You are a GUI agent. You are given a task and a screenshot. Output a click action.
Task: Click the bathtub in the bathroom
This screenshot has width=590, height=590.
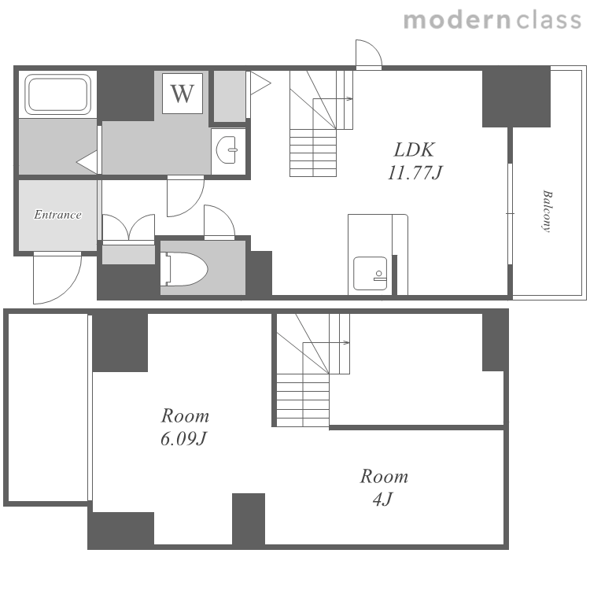tap(58, 94)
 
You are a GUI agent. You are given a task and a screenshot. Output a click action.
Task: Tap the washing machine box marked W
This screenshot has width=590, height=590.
tap(183, 94)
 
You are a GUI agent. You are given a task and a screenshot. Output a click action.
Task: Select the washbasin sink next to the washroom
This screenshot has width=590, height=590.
tap(227, 149)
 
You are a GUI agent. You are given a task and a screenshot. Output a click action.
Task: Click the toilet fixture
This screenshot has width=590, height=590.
tap(184, 269)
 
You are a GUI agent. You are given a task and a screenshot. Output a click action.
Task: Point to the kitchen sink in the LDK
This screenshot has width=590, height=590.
tap(371, 274)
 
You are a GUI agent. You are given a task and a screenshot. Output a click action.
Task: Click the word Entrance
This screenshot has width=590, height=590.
tap(57, 215)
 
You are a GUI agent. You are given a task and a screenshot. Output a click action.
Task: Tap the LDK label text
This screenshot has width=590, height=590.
tap(414, 149)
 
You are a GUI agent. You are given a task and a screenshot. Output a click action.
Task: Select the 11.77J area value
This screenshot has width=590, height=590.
tap(415, 173)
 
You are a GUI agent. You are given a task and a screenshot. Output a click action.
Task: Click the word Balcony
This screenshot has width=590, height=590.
tap(547, 212)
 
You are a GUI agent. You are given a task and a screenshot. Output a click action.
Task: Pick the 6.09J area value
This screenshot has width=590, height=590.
tap(184, 439)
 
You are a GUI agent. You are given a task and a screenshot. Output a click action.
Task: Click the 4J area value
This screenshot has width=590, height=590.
tap(382, 500)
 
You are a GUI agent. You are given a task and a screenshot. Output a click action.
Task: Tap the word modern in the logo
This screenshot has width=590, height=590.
tap(457, 20)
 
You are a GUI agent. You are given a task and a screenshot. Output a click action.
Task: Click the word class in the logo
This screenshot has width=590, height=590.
tap(549, 20)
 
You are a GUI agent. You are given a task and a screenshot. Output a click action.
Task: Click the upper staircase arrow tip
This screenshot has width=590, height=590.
tap(352, 99)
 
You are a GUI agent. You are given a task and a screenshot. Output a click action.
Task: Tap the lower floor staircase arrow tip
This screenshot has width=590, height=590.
tap(348, 343)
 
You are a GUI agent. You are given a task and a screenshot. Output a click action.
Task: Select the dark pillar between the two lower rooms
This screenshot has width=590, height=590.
tap(249, 519)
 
